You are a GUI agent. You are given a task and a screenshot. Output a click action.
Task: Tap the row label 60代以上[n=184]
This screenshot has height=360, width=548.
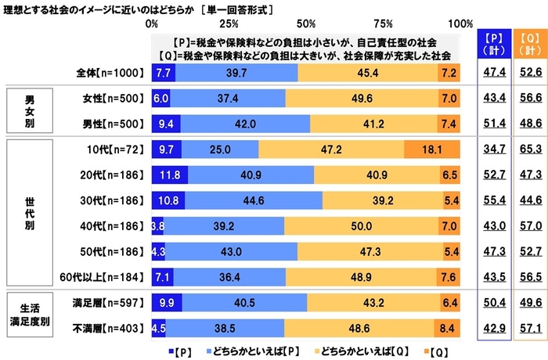pyautogui.click(x=99, y=276)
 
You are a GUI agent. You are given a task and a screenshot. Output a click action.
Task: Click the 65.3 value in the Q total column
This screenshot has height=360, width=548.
pyautogui.click(x=530, y=149)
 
